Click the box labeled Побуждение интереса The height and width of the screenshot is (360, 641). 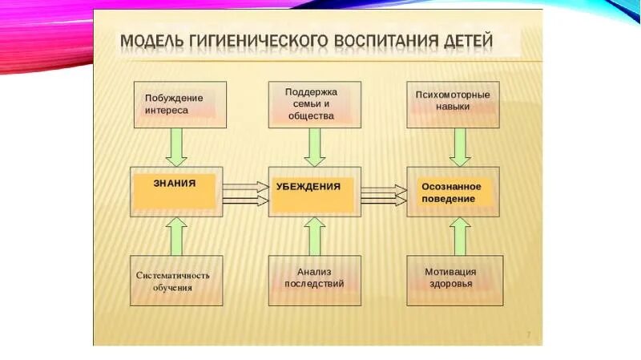pyautogui.click(x=179, y=104)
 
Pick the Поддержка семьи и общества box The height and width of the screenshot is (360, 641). pyautogui.click(x=315, y=104)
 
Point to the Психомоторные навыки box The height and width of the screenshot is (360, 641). pyautogui.click(x=454, y=104)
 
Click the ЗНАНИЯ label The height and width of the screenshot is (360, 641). pyautogui.click(x=175, y=183)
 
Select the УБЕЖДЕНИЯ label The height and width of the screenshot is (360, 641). pyautogui.click(x=308, y=186)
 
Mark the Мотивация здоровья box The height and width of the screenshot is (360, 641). pyautogui.click(x=454, y=280)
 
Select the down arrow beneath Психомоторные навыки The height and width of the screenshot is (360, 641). pyautogui.click(x=459, y=147)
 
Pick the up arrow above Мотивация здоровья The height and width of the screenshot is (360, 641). pyautogui.click(x=459, y=236)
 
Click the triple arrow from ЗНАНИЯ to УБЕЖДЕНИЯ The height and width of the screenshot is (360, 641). pyautogui.click(x=246, y=192)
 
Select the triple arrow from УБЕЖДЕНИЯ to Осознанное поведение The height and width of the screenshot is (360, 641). pyautogui.click(x=384, y=192)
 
